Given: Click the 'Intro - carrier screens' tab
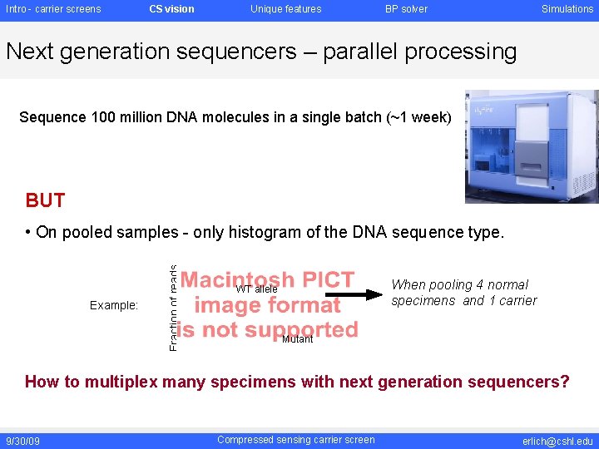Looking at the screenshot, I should [53, 9].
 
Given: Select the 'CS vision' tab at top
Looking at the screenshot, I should [171, 9].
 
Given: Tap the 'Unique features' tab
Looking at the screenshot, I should [285, 9].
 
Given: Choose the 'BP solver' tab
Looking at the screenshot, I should [406, 9].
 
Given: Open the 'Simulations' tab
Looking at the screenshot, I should [567, 9].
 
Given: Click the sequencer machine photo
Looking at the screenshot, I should [531, 146].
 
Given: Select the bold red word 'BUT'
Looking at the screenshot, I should [45, 200].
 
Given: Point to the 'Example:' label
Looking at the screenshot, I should [114, 305].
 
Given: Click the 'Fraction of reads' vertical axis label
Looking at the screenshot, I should [172, 308].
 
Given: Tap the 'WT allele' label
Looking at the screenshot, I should [256, 289].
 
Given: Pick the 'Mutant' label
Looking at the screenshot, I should [297, 339].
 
